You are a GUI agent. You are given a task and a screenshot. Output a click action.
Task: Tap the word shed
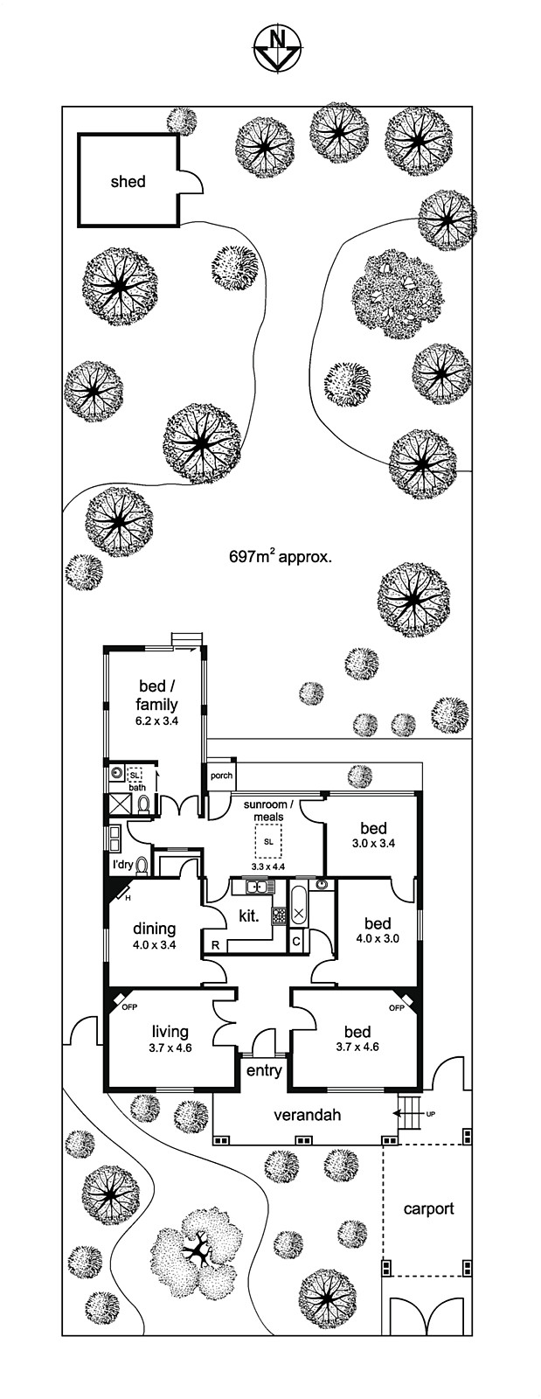[x=128, y=182]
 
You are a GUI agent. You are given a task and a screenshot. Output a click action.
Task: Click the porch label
[x=221, y=776]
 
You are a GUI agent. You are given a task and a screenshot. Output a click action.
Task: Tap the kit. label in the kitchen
[x=250, y=917]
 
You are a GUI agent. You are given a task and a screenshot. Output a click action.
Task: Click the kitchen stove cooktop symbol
[x=280, y=915]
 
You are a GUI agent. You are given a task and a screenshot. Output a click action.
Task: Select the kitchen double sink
[x=256, y=888]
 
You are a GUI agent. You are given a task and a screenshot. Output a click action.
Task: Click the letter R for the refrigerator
[x=215, y=944]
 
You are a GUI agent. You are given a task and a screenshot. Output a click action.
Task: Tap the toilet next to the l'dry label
[x=144, y=865]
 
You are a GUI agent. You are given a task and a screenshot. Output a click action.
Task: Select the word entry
[x=264, y=1070]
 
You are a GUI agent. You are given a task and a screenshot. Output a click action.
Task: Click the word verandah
[x=307, y=1115]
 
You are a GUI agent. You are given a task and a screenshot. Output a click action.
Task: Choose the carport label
[x=428, y=1209]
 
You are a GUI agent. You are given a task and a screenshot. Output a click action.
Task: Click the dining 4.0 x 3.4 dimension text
[x=155, y=944]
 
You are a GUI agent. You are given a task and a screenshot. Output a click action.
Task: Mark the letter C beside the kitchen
[x=297, y=941]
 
